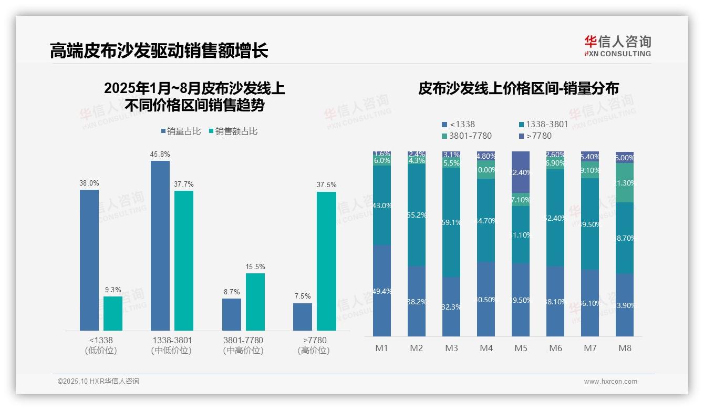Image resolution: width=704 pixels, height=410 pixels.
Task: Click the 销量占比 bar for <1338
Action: pyautogui.click(x=89, y=260)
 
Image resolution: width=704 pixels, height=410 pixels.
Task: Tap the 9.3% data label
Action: pyautogui.click(x=113, y=290)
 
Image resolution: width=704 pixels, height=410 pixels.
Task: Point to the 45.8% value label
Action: pyautogui.click(x=160, y=155)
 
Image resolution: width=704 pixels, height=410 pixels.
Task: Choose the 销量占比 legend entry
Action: pyautogui.click(x=181, y=131)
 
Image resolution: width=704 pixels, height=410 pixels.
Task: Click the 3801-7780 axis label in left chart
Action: pyautogui.click(x=243, y=341)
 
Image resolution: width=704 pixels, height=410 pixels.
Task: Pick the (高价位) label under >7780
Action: pyautogui.click(x=314, y=351)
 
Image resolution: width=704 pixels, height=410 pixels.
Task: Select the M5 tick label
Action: pyautogui.click(x=521, y=348)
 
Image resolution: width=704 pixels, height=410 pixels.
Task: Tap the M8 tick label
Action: pyautogui.click(x=625, y=348)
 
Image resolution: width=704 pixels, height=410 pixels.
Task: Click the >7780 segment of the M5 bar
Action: pyautogui.click(x=521, y=172)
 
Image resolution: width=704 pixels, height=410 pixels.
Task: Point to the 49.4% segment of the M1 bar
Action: pyautogui.click(x=382, y=291)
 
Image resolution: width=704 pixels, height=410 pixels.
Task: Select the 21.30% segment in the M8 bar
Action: pyautogui.click(x=625, y=183)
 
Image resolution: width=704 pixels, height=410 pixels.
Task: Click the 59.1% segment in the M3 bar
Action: pyautogui.click(x=451, y=222)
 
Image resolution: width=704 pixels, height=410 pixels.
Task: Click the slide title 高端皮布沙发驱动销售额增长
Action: pyautogui.click(x=159, y=51)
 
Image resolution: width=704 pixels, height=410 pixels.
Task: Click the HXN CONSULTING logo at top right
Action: pyautogui.click(x=617, y=46)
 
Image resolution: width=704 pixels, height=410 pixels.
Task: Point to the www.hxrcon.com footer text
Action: pyautogui.click(x=610, y=382)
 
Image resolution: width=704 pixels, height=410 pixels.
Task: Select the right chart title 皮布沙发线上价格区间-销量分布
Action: pyautogui.click(x=518, y=89)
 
